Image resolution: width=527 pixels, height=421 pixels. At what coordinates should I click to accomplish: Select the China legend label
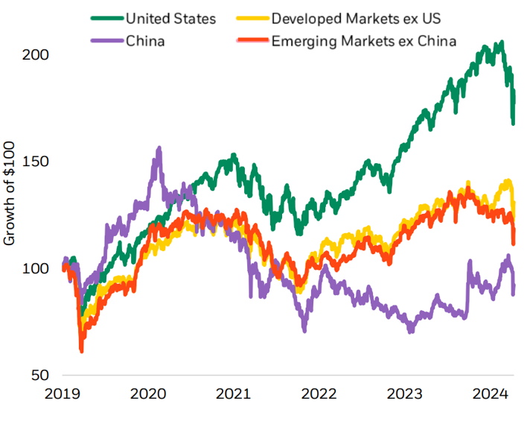145,39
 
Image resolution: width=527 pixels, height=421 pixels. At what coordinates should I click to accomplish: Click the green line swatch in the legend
106,18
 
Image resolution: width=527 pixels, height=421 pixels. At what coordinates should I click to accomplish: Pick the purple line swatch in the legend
106,39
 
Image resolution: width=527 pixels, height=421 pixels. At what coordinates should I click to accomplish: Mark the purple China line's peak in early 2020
159,149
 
